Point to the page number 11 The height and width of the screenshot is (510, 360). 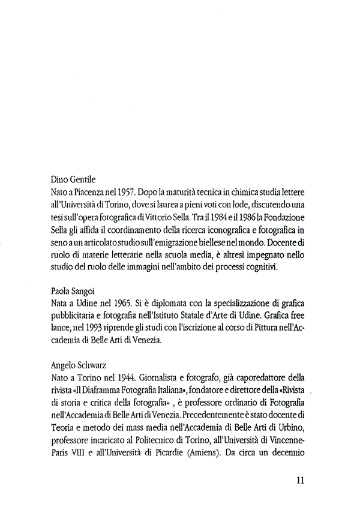click(302, 479)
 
